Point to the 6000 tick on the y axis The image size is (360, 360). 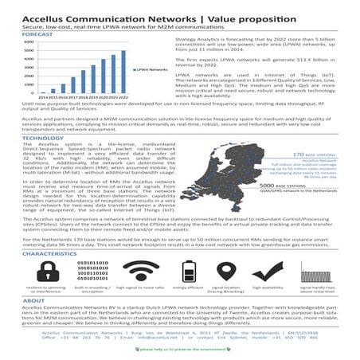pyautogui.click(x=29, y=43)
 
